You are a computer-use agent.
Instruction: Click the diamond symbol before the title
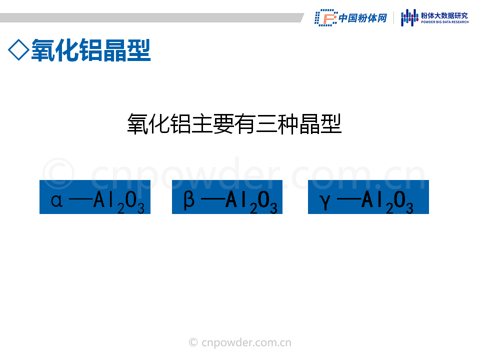point(18,50)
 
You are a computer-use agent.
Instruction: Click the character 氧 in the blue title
point(43,50)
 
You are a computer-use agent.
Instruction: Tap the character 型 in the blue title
point(138,50)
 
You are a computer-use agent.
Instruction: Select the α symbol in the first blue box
point(56,200)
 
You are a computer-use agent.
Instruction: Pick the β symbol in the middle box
point(189,200)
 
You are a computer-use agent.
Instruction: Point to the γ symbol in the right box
point(325,202)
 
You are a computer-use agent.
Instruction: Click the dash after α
point(81,200)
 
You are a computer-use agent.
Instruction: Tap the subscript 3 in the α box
point(141,208)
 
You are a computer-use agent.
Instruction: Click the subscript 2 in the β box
point(253,208)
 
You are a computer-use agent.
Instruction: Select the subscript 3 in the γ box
point(409,208)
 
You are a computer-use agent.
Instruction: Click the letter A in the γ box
point(367,199)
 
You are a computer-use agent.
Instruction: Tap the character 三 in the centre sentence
point(266,123)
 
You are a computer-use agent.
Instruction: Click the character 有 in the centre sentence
point(245,123)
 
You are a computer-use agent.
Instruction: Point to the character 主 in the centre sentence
point(202,123)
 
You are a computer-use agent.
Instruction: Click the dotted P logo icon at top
point(326,18)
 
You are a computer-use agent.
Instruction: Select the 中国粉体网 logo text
point(363,18)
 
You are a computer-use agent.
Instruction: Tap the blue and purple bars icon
point(409,18)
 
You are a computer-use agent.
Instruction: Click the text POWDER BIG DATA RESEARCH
point(445,22)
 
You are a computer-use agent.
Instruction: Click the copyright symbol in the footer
point(193,342)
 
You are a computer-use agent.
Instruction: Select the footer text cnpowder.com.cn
point(246,342)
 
